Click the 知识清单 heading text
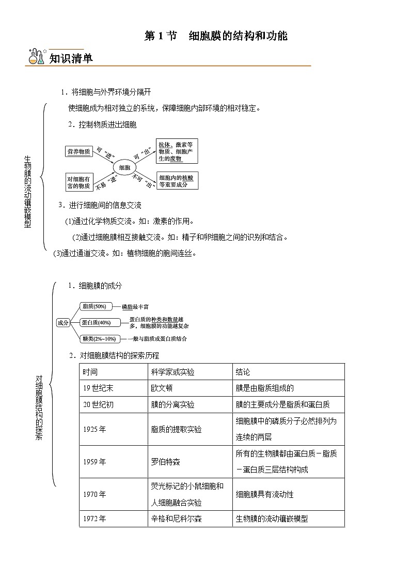71,58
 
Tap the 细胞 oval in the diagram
124,167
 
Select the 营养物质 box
78,151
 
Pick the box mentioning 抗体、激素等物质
177,150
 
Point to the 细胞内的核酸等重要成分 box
177,180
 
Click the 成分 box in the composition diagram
62,322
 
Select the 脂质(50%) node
94,306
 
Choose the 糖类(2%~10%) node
98,339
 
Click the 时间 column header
90,372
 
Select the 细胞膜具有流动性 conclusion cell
264,494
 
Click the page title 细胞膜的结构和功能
238,36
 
